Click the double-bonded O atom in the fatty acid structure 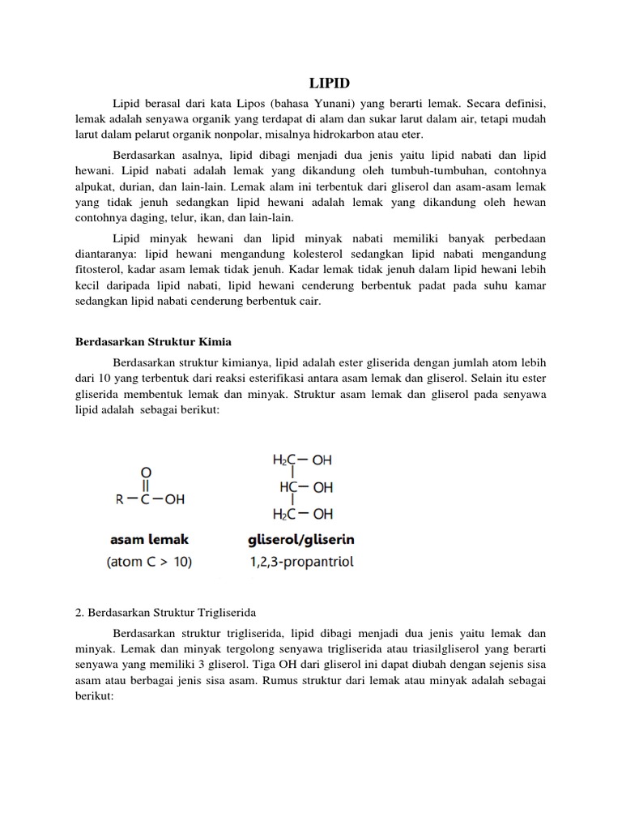click(x=145, y=471)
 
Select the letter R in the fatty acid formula click(x=118, y=500)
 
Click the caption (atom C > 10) click(x=149, y=562)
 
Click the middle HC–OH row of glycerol click(x=306, y=487)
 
